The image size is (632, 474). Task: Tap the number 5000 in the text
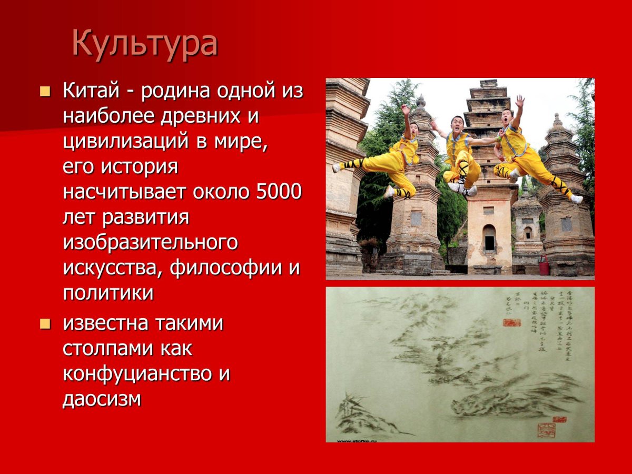point(279,192)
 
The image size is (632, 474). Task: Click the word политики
point(108,293)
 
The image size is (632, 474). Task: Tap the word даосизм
point(102,399)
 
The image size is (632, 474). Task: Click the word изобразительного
point(150,243)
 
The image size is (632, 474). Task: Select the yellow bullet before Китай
point(45,92)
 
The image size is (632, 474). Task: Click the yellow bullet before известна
point(45,324)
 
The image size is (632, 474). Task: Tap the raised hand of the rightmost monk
point(520,101)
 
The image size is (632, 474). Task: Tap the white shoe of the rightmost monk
point(577,199)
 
